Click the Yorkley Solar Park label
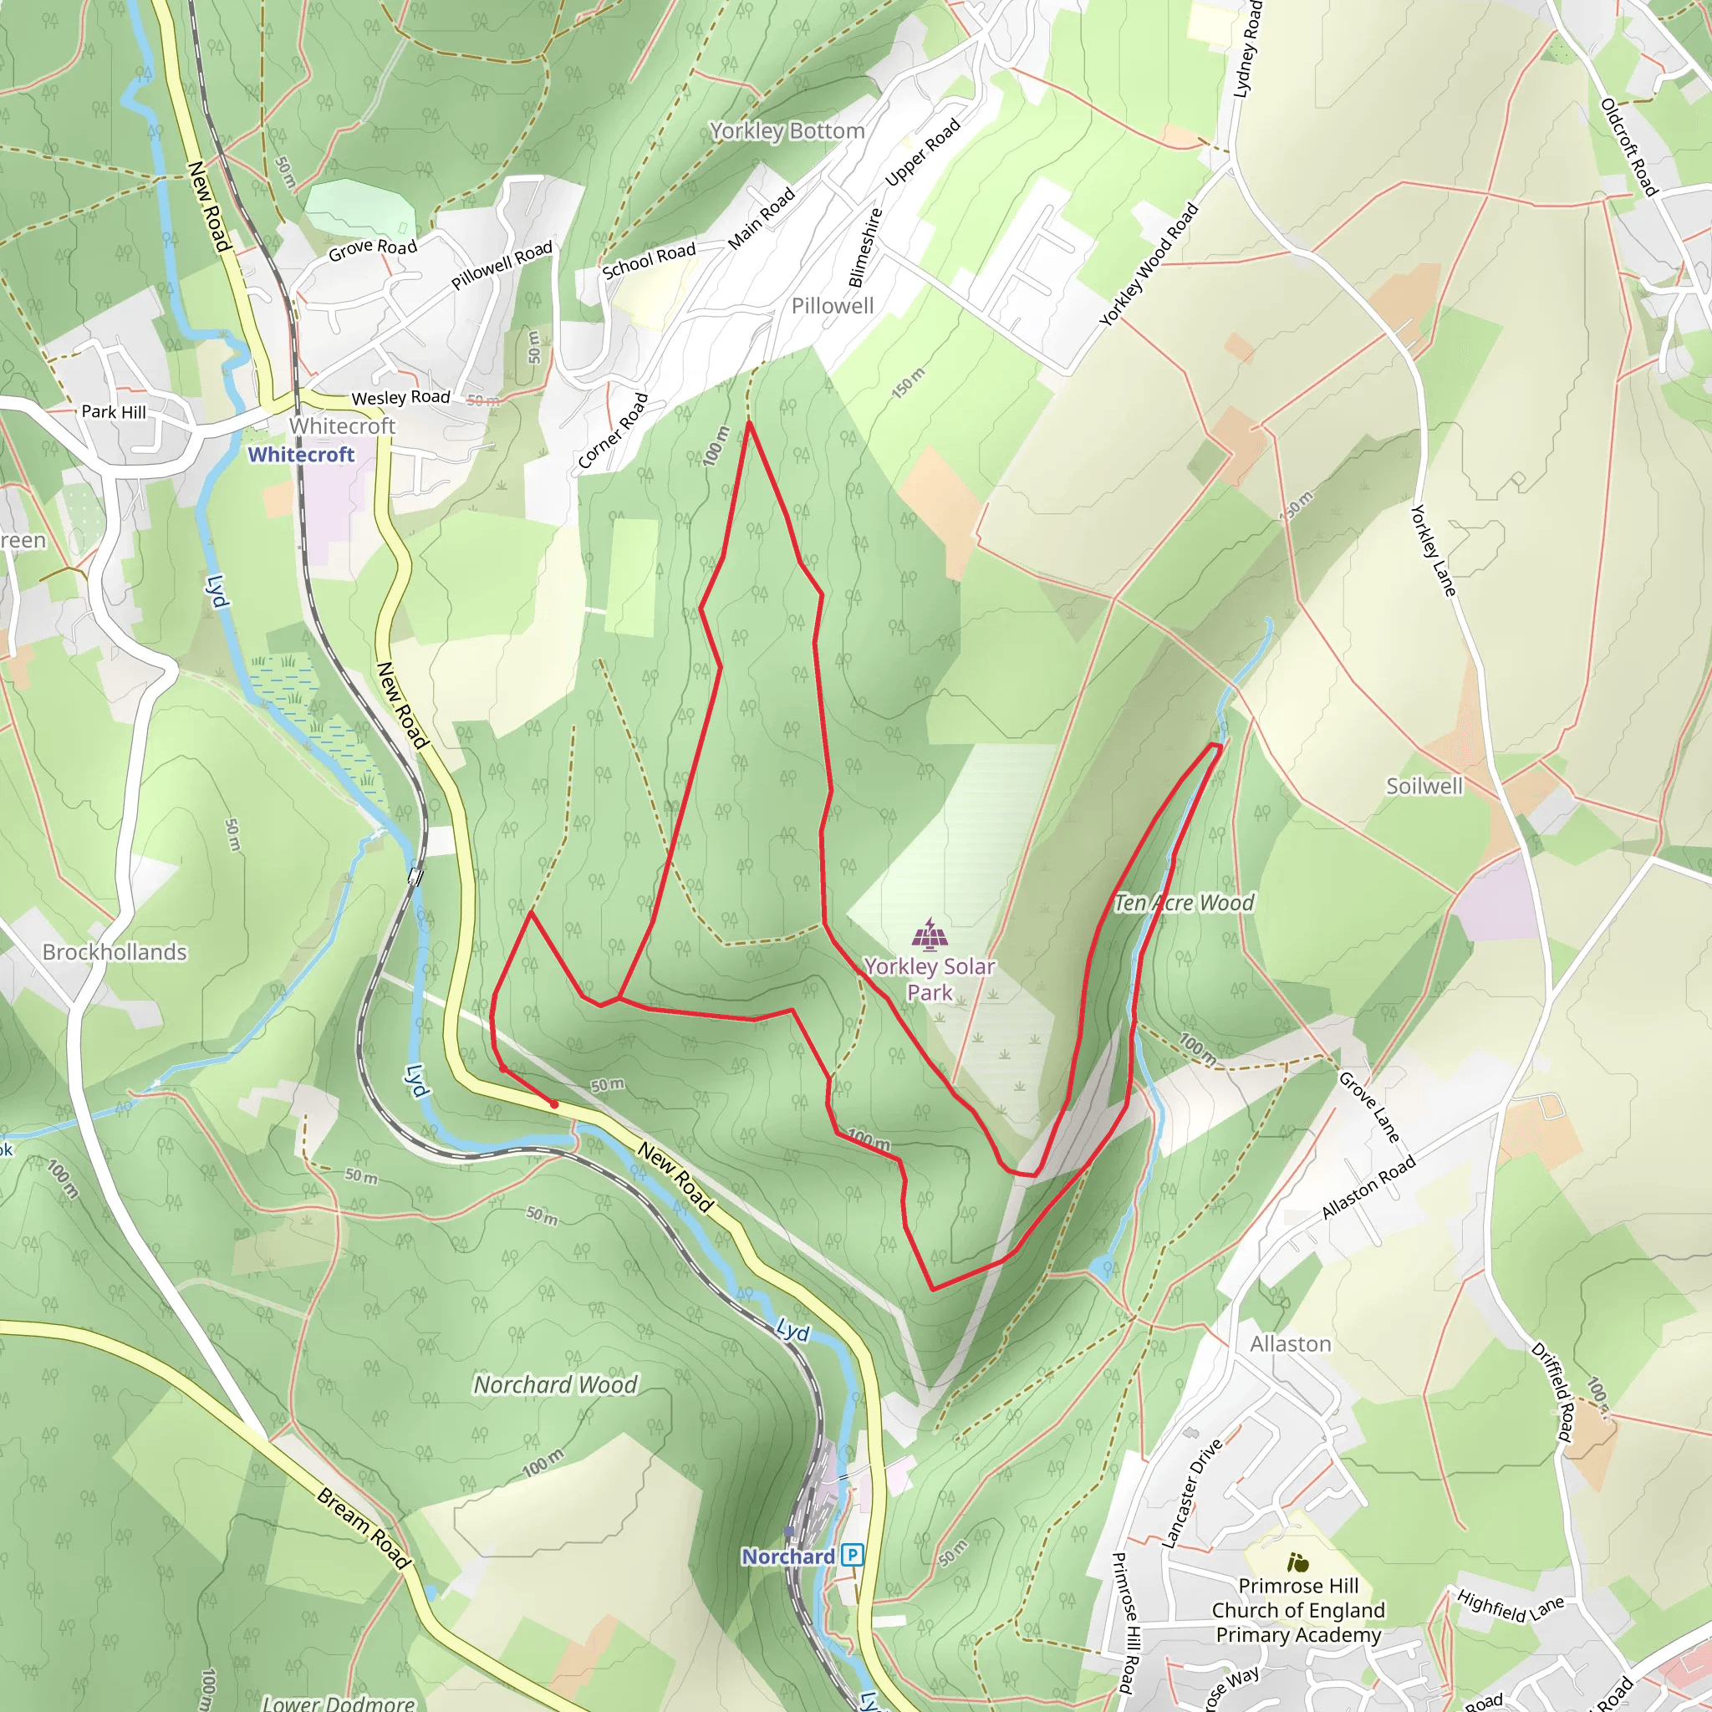[x=930, y=979]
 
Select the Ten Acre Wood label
[x=1183, y=903]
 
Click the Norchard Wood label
[x=556, y=1384]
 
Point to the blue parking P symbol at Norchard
[x=853, y=1555]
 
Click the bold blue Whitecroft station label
[x=300, y=455]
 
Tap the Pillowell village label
[x=832, y=306]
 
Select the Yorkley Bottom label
[x=787, y=131]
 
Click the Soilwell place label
[x=1424, y=786]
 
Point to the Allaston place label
[x=1290, y=1344]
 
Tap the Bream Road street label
[x=364, y=1529]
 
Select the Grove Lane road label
[x=1369, y=1108]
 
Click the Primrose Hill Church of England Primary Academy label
[x=1297, y=1610]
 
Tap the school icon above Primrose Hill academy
[x=1298, y=1562]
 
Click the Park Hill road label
[x=114, y=412]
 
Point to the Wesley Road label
[x=400, y=398]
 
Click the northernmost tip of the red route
[x=749, y=423]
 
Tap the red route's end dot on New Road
[x=554, y=1104]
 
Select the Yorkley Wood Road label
[x=1149, y=265]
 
